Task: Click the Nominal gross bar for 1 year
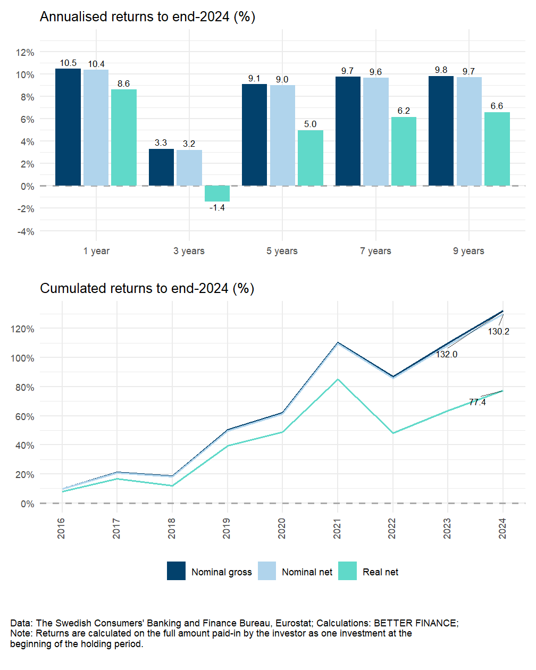click(68, 127)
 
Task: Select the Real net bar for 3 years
click(217, 194)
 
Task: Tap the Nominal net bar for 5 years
click(282, 135)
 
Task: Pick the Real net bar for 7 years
click(404, 151)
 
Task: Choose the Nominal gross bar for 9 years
click(441, 131)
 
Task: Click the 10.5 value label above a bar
click(68, 63)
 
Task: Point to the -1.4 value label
click(217, 208)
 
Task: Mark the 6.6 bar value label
click(497, 106)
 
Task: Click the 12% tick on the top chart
click(25, 53)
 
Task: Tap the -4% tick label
click(26, 232)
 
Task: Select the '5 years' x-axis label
click(282, 251)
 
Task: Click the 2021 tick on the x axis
click(337, 529)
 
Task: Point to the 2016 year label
click(62, 529)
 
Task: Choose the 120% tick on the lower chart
click(22, 329)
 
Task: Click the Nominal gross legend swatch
click(176, 571)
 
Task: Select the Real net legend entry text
click(380, 572)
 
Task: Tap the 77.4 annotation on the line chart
click(477, 403)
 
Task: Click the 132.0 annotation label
click(447, 355)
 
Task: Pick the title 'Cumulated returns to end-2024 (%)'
click(147, 288)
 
